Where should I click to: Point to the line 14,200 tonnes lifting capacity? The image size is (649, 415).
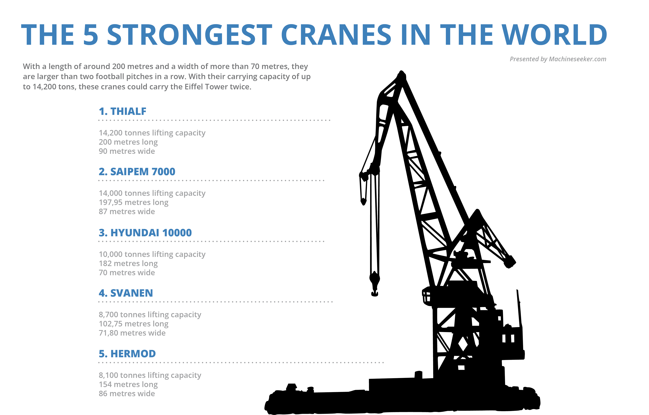click(x=152, y=133)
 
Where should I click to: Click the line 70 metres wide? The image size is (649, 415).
click(x=127, y=273)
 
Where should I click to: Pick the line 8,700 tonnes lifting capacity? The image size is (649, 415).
click(x=150, y=315)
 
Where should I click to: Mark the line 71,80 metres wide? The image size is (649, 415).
click(x=132, y=333)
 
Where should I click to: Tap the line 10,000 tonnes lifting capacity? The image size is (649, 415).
click(x=152, y=254)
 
